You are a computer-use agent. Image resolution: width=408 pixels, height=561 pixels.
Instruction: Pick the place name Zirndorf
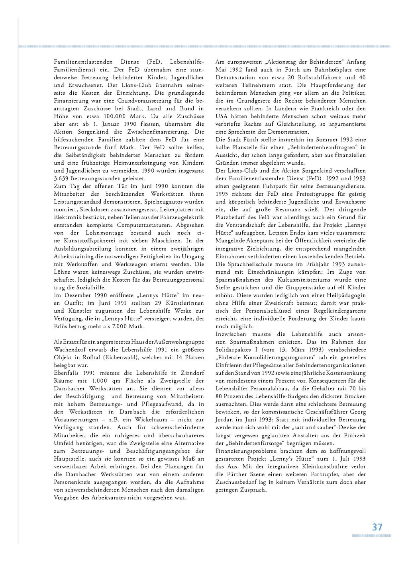[192, 373]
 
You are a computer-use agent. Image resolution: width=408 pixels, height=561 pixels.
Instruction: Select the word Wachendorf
[70, 350]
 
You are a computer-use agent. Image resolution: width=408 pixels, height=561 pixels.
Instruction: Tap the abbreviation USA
[222, 116]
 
